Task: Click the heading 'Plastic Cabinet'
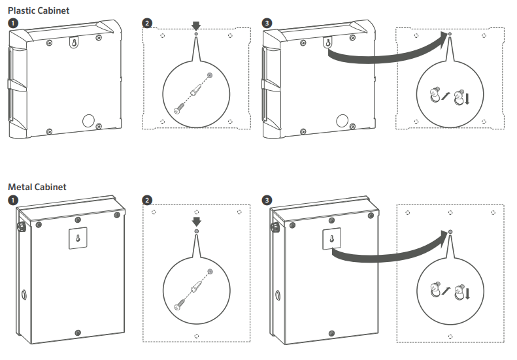[39, 10]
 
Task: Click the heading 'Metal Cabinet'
[37, 187]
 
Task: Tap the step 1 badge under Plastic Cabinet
[13, 24]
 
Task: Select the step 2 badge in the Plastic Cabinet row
[147, 24]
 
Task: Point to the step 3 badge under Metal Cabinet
[267, 200]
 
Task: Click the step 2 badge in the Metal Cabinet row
[147, 200]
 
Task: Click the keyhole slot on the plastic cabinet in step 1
[75, 42]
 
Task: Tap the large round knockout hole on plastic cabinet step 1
[88, 121]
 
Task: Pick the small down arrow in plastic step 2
[196, 25]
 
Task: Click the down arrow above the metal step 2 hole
[197, 221]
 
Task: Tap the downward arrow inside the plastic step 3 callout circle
[467, 99]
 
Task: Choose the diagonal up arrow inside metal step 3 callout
[446, 291]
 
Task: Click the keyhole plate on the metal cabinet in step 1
[78, 238]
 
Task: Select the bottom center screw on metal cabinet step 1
[78, 333]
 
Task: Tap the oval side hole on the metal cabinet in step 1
[24, 295]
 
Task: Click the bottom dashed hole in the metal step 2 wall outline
[197, 336]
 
